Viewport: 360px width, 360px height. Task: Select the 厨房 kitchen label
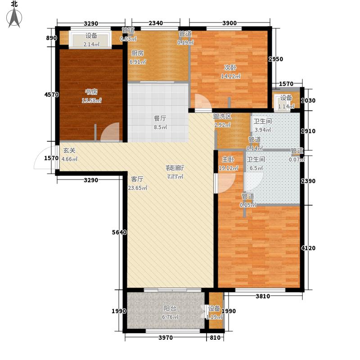coord(138,53)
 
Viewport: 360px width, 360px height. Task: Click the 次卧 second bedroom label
coord(231,68)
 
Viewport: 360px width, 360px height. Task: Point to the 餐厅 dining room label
coord(160,119)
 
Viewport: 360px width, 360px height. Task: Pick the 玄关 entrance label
coord(69,151)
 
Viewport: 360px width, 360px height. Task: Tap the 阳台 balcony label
coord(170,309)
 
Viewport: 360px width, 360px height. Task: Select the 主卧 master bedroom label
coord(227,160)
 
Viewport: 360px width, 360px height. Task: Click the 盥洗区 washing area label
coord(222,116)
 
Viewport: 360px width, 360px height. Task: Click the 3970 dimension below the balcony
coord(166,338)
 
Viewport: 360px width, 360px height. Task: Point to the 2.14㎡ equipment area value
coord(91,44)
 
